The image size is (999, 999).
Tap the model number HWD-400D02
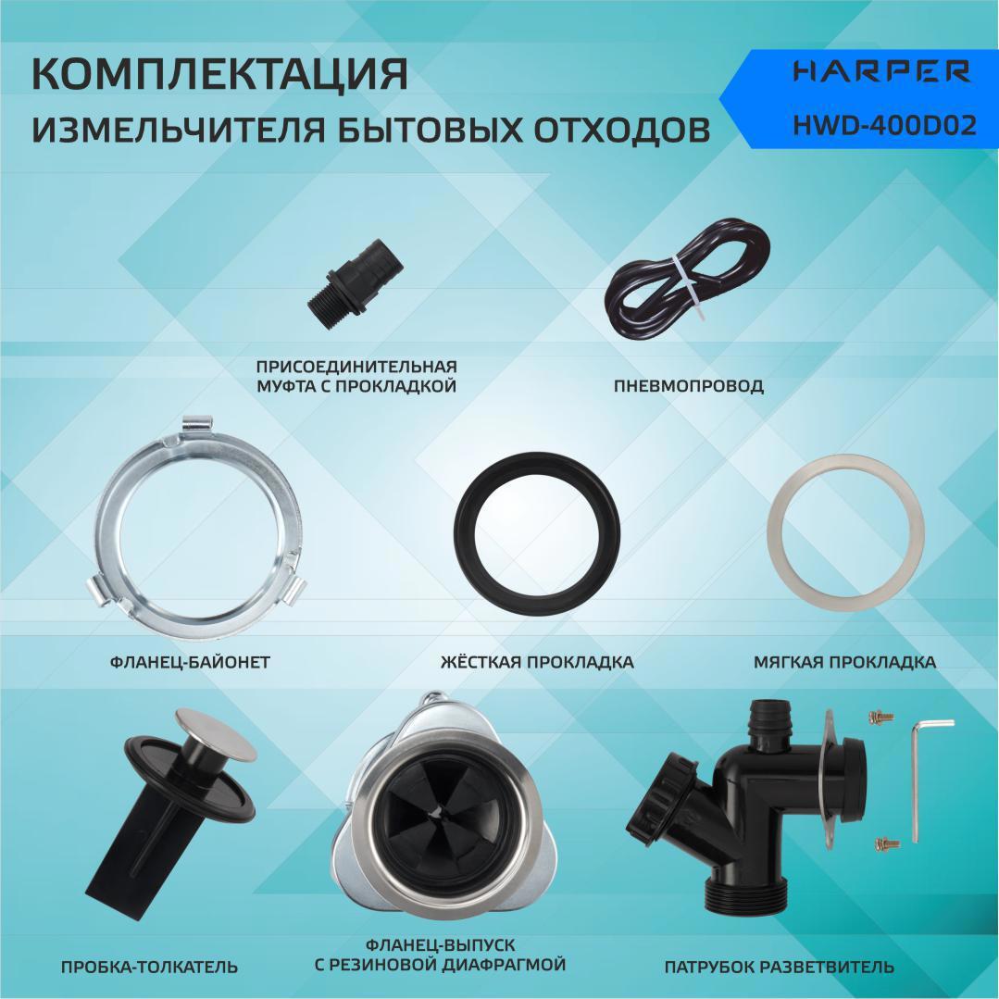[884, 126]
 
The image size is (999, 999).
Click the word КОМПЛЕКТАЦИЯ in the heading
[219, 75]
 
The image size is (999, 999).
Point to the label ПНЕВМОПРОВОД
[688, 386]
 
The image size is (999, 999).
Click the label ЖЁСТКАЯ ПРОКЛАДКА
[537, 662]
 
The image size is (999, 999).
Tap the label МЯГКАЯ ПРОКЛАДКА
[844, 662]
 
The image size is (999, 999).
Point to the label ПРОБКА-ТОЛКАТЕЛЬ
[149, 967]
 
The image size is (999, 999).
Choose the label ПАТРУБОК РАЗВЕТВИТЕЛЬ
[779, 967]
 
